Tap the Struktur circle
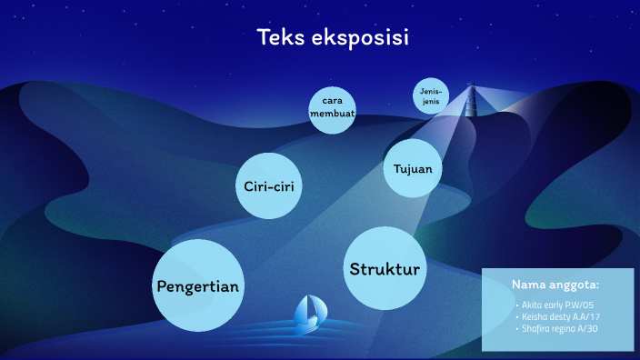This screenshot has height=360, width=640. tap(385, 268)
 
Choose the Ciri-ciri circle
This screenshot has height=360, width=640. tap(268, 185)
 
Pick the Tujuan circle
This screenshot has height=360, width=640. tap(412, 168)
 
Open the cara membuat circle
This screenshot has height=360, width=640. tap(331, 108)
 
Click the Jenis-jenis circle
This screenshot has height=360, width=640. tap(431, 96)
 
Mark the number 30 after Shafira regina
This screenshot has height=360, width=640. tap(591, 328)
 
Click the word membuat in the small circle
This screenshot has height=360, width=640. tap(331, 114)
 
